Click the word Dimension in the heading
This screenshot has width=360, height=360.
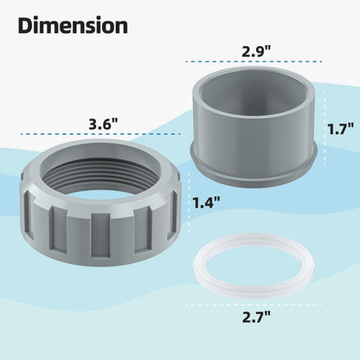73,26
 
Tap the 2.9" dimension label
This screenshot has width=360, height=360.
256,51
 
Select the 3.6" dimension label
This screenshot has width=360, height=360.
104,125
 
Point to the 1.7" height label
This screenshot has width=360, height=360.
340,129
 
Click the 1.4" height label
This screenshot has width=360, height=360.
206,202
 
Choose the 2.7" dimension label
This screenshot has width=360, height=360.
256,317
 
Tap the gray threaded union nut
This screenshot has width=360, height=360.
100,202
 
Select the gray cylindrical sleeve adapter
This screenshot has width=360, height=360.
254,125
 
